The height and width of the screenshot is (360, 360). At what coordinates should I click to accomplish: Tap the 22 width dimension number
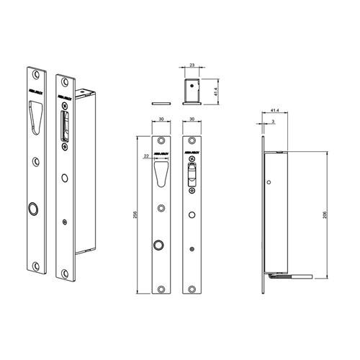point(147,156)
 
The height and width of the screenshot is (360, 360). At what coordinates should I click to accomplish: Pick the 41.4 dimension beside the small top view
point(215,91)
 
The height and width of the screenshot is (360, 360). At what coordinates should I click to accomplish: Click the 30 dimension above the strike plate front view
point(161,120)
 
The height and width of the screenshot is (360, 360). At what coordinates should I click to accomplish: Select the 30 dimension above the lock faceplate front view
point(192,120)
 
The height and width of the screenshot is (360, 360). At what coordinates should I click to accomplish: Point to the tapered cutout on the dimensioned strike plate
point(161,173)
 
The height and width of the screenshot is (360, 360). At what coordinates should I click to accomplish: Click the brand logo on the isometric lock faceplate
point(63,92)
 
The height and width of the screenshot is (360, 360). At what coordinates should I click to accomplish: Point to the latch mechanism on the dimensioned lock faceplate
point(192,176)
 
